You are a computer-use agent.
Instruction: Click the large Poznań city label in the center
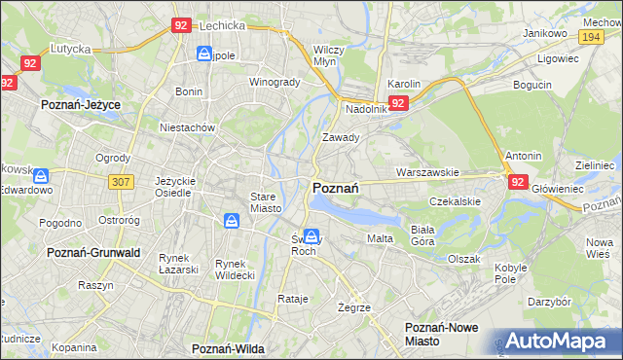click(x=337, y=188)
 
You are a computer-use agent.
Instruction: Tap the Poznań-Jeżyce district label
click(x=81, y=101)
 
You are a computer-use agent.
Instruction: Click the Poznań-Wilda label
click(x=229, y=348)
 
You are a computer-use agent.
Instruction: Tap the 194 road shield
click(x=589, y=36)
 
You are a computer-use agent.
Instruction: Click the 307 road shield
click(x=121, y=182)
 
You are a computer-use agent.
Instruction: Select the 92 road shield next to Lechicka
click(x=180, y=26)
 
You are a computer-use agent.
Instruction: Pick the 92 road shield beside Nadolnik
click(x=398, y=102)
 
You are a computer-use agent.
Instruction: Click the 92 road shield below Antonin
click(x=518, y=181)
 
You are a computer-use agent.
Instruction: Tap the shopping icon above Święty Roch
click(x=311, y=235)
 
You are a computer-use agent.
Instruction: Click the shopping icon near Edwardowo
click(x=40, y=176)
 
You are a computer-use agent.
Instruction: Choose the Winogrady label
click(x=275, y=82)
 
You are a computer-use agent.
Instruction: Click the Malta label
click(x=379, y=238)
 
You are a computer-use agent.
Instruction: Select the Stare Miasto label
click(x=266, y=202)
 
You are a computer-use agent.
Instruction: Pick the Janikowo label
click(x=544, y=32)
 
